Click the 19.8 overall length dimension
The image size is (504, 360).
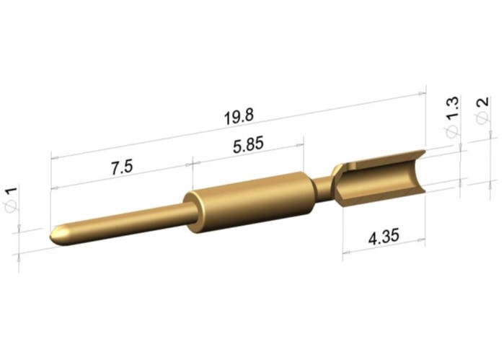239,116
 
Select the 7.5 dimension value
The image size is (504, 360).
122,167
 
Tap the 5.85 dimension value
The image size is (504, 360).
248,144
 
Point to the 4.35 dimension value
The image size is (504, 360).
384,236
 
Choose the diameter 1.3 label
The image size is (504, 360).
452,118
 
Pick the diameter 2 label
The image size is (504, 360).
482,110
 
